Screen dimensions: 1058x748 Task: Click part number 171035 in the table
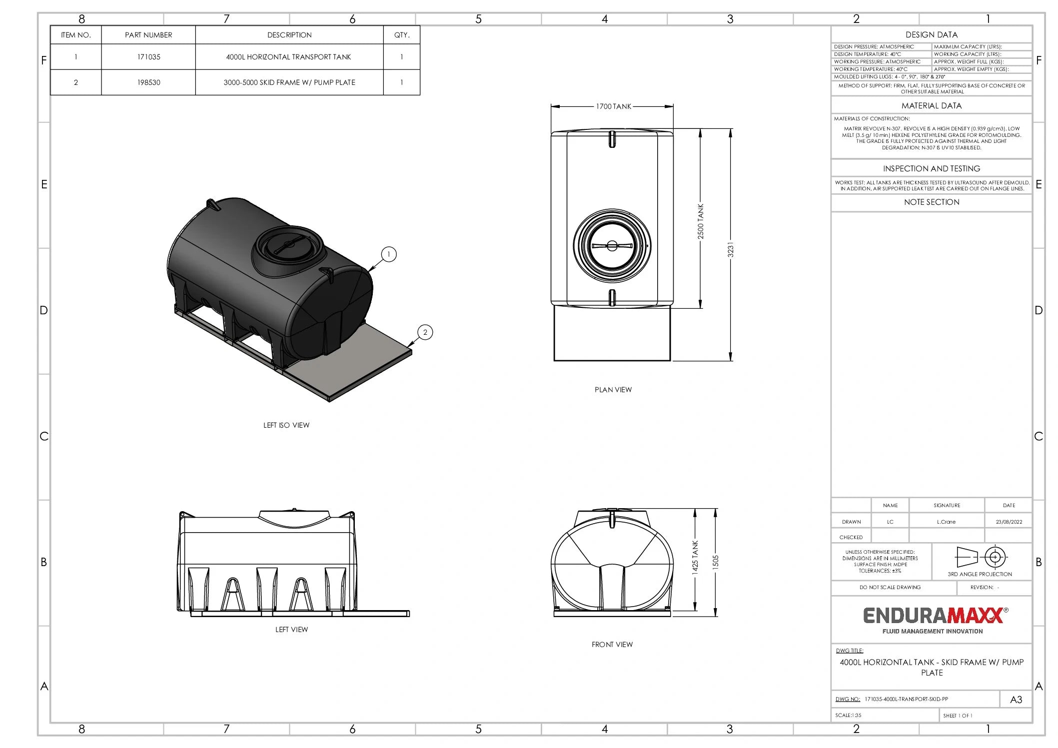point(148,57)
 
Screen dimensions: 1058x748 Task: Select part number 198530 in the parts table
point(148,82)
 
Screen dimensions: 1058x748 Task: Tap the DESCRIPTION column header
point(289,35)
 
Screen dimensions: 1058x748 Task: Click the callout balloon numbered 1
point(389,254)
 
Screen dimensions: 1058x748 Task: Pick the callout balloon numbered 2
point(425,332)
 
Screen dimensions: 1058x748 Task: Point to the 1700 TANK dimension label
point(613,106)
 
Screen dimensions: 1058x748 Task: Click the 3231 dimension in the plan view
point(730,250)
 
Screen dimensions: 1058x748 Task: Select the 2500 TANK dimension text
point(700,221)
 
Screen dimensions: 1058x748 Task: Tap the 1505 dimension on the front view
point(715,562)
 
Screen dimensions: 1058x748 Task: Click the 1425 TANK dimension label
point(695,558)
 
